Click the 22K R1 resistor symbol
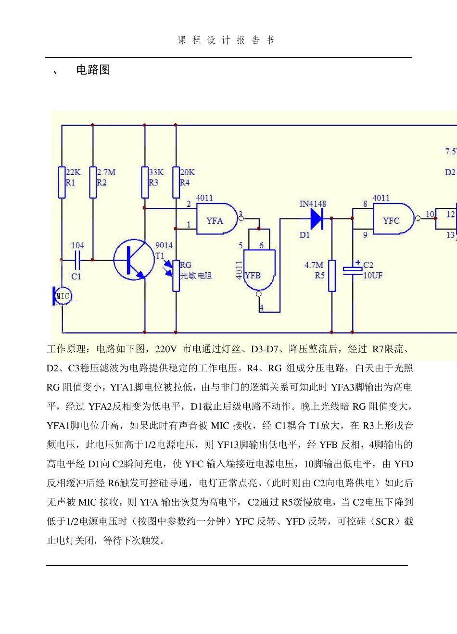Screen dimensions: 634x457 [62, 182]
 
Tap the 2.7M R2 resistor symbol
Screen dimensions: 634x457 [93, 182]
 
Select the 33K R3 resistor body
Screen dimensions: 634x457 [145, 182]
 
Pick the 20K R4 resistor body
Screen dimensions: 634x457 [176, 182]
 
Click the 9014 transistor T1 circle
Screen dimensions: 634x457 [133, 260]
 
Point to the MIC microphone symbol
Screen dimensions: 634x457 [62, 296]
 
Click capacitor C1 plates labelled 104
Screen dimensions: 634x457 [77, 260]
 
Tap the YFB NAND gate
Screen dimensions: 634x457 [259, 270]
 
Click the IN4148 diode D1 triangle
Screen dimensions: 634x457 [317, 219]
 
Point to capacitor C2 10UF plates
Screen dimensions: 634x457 [353, 270]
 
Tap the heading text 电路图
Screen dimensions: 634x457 [93, 70]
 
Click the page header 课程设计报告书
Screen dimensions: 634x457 [226, 40]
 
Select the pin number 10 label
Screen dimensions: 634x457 [430, 214]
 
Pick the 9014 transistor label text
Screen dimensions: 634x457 [164, 246]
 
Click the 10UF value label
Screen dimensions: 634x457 [373, 276]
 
